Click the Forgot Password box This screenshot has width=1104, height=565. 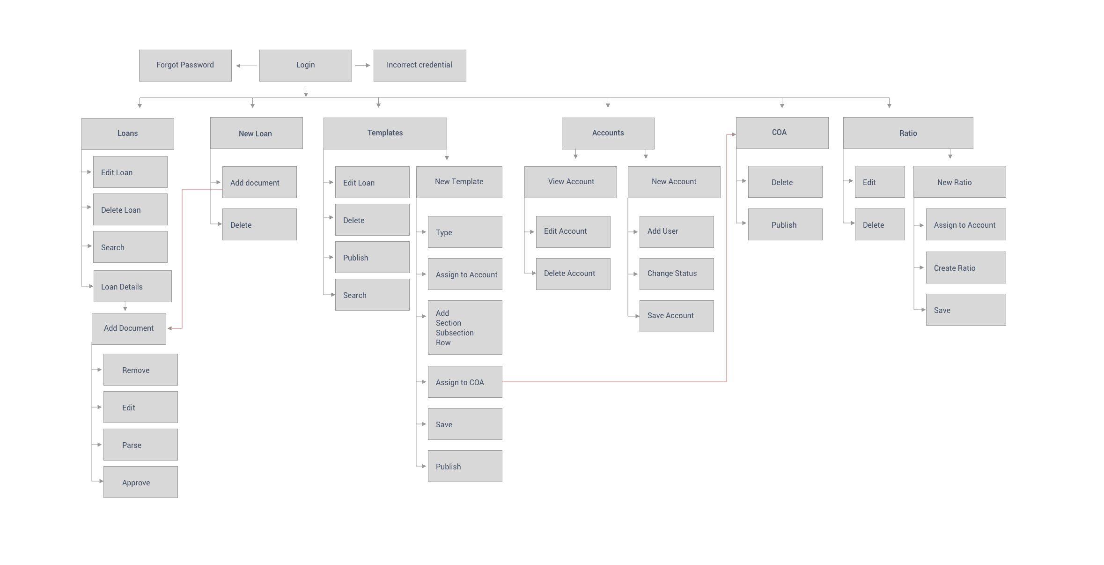(185, 65)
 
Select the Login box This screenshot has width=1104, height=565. (305, 65)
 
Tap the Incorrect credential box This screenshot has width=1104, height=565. (420, 65)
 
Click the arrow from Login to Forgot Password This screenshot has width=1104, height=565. (246, 66)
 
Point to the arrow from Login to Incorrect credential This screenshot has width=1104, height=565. (363, 66)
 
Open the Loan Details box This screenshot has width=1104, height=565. (132, 286)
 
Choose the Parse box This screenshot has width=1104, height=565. (140, 445)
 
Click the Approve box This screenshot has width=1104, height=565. (140, 482)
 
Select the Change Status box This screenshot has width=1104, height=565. (677, 274)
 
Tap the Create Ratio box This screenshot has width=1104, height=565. (965, 268)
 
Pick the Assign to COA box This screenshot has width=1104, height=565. (465, 382)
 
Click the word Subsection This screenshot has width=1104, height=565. (455, 333)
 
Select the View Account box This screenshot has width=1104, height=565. (570, 182)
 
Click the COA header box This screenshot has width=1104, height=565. (782, 133)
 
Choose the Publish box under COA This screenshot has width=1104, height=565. (785, 224)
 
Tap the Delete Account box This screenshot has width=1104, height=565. (573, 274)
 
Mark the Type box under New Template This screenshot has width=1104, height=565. (465, 232)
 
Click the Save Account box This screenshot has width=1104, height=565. (677, 316)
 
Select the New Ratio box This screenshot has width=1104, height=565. (959, 182)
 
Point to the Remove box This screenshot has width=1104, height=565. (140, 370)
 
